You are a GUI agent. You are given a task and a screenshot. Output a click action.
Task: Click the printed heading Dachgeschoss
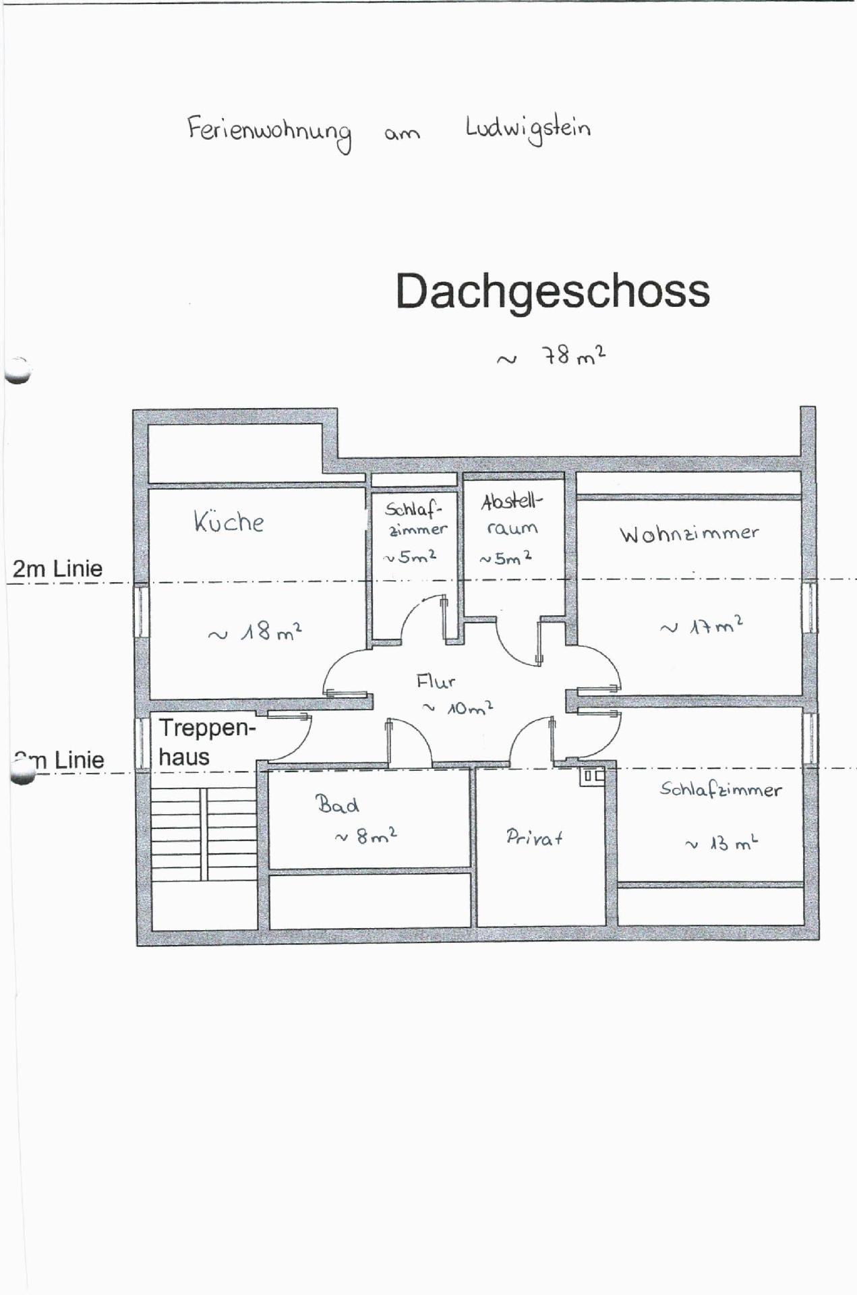pyautogui.click(x=552, y=291)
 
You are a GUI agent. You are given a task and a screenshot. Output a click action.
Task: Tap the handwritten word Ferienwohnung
pyautogui.click(x=270, y=133)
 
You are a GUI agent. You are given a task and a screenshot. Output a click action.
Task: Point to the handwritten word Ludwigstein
pyautogui.click(x=528, y=129)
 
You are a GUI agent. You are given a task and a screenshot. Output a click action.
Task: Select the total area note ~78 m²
pyautogui.click(x=551, y=355)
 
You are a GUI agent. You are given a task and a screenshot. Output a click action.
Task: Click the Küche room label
pyautogui.click(x=229, y=521)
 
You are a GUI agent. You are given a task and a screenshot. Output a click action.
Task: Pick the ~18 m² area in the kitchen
pyautogui.click(x=255, y=632)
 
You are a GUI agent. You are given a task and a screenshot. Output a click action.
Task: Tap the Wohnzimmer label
pyautogui.click(x=689, y=534)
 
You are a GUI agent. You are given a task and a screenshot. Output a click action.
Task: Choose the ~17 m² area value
pyautogui.click(x=701, y=625)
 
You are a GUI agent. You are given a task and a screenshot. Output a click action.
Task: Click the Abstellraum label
pyautogui.click(x=511, y=515)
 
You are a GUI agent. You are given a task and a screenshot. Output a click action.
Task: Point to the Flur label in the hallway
pyautogui.click(x=436, y=682)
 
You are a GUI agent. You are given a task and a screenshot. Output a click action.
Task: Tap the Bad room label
pyautogui.click(x=337, y=804)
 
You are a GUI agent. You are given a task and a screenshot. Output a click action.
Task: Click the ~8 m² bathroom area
pyautogui.click(x=366, y=836)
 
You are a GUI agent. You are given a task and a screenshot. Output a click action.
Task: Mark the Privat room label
pyautogui.click(x=535, y=838)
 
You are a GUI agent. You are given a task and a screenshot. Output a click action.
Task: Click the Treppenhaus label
pyautogui.click(x=207, y=743)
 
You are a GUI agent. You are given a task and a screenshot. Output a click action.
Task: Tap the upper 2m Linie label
pyautogui.click(x=57, y=569)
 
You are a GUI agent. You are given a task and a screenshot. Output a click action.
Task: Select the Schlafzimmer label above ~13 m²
pyautogui.click(x=721, y=789)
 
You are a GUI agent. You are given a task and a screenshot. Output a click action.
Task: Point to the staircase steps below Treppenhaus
pyautogui.click(x=204, y=835)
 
